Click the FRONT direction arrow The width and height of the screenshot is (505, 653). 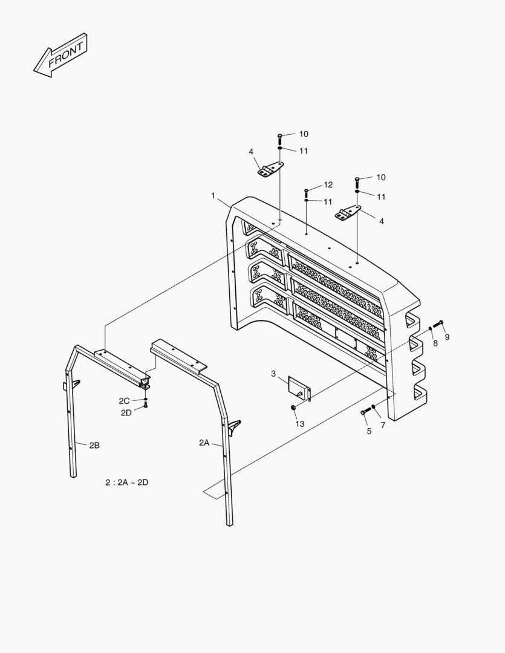[60, 55]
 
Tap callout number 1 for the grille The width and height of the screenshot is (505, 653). [213, 196]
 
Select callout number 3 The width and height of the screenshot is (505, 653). [273, 374]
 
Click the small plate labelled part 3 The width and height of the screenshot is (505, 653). [300, 387]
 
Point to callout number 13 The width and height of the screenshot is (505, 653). [300, 424]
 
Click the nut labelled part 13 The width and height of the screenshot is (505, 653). [293, 409]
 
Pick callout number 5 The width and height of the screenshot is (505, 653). [368, 431]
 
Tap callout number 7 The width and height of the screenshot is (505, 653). [383, 425]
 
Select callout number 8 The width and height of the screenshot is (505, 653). [434, 343]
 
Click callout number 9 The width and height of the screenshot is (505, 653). [448, 337]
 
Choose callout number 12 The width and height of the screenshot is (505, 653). [328, 184]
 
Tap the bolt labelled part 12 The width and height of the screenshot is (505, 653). [307, 192]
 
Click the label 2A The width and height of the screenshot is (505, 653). [204, 443]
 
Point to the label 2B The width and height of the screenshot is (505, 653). [94, 445]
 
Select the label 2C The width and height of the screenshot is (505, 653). [124, 401]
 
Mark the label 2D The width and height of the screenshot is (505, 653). [126, 412]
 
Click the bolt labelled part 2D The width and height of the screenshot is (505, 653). [146, 406]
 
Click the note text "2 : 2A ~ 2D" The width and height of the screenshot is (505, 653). [126, 482]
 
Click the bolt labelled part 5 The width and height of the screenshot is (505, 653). [364, 412]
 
